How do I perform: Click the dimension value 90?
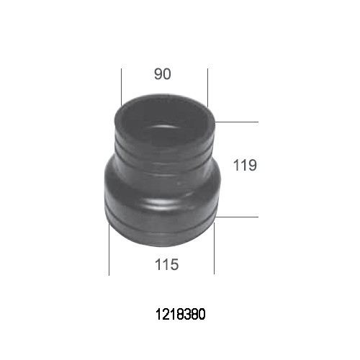(x=163, y=74)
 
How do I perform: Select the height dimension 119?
(x=245, y=165)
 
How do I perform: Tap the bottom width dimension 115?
(x=167, y=264)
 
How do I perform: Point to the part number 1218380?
(x=181, y=315)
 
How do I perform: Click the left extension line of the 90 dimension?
(x=122, y=87)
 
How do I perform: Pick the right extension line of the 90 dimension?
(x=208, y=88)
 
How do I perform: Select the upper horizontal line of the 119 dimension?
(x=237, y=122)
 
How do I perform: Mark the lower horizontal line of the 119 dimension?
(x=237, y=217)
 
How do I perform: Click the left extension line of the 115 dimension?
(x=109, y=250)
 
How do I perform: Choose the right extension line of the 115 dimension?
(x=214, y=248)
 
